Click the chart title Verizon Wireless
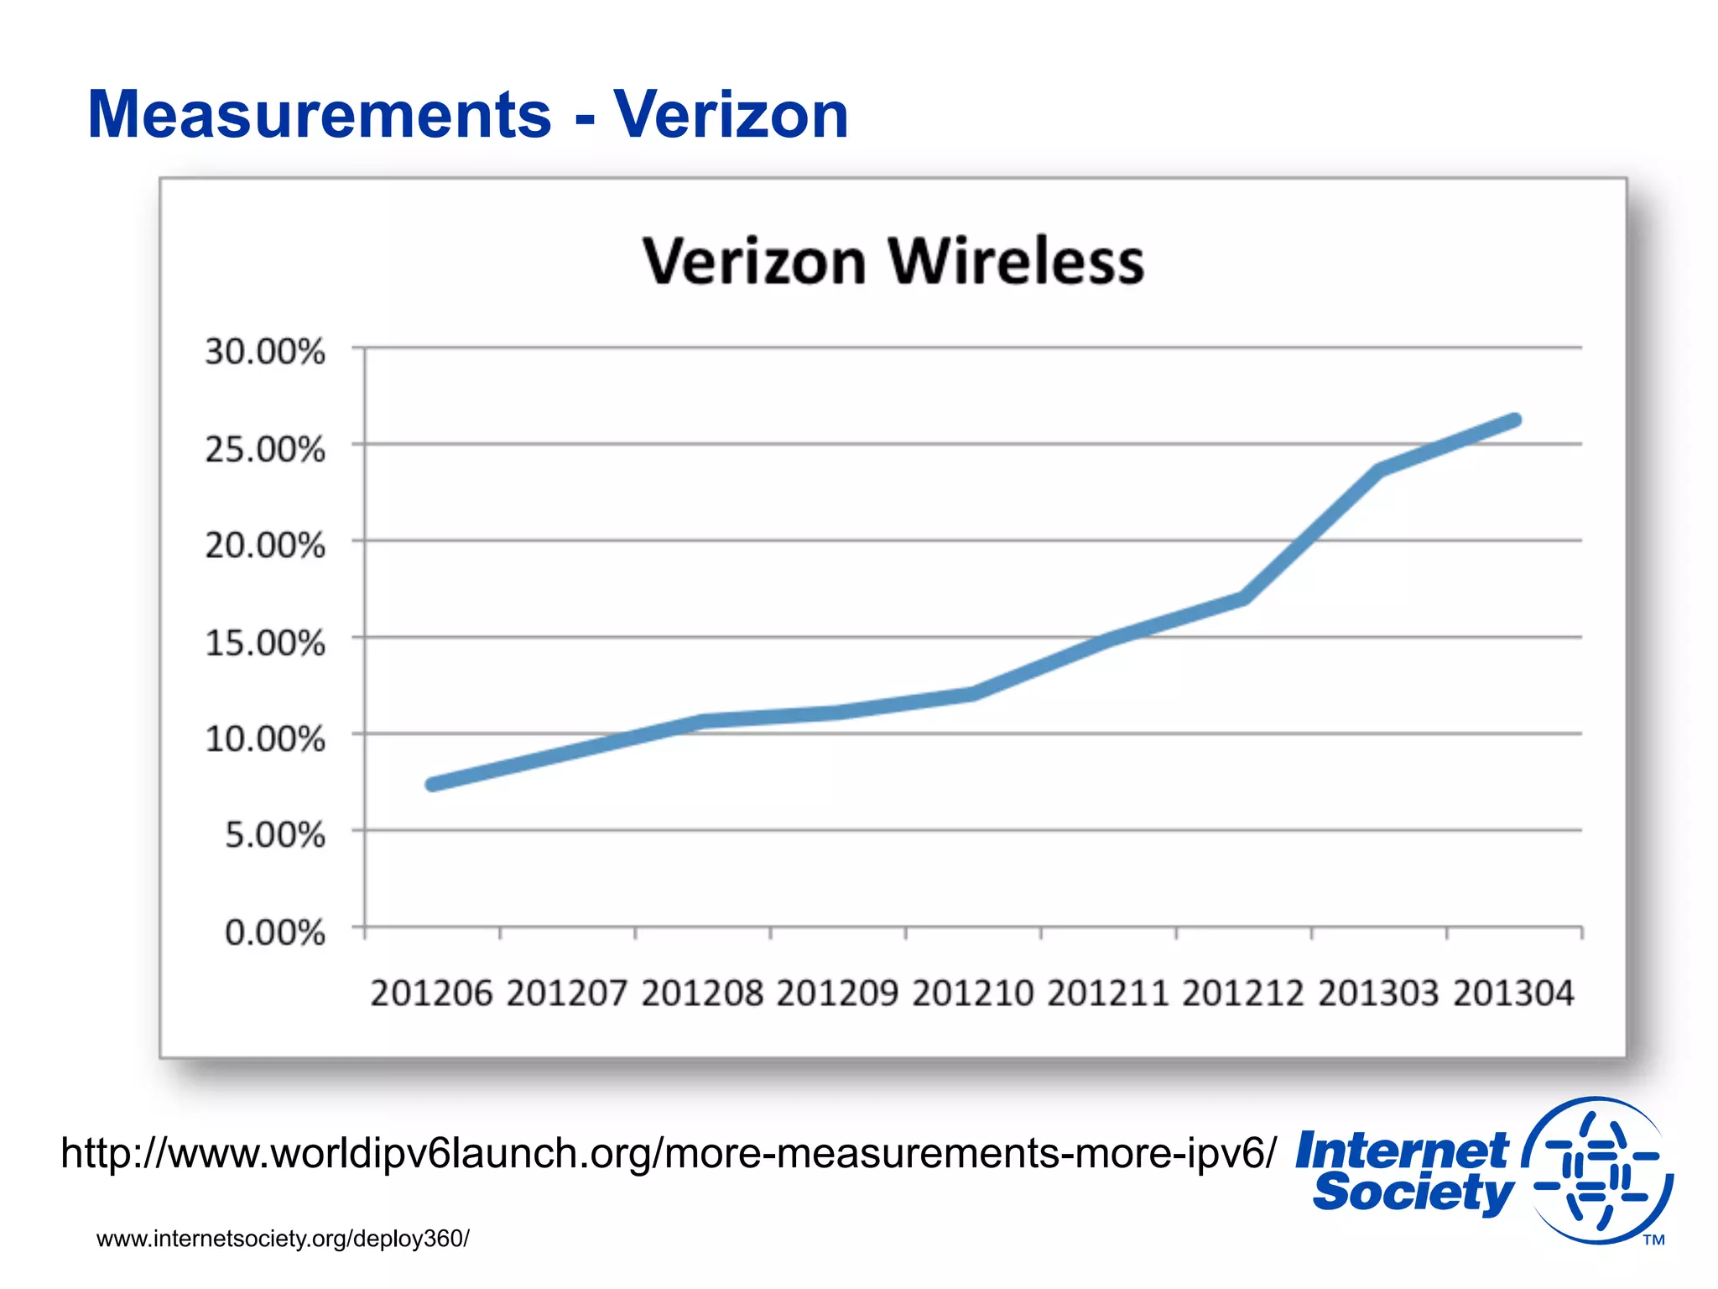pos(893,262)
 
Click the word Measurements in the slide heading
pos(319,115)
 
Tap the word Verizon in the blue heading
pos(731,115)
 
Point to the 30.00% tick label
pos(265,352)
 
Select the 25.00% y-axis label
pos(265,449)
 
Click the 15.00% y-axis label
pos(265,643)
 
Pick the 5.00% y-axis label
pos(274,835)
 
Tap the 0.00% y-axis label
pos(274,932)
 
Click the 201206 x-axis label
pos(431,994)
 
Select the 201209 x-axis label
pos(837,994)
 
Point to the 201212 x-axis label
pos(1243,994)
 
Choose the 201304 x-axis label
pos(1513,994)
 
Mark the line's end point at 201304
pos(1514,420)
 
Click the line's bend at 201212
pos(1243,598)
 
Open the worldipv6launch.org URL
pos(669,1153)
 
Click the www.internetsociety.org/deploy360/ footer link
pos(283,1239)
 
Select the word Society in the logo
pos(1413,1193)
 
